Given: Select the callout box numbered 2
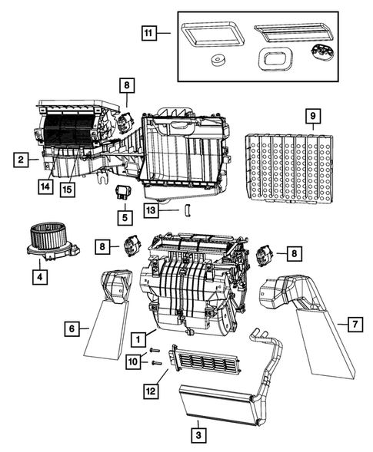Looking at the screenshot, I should [22, 160].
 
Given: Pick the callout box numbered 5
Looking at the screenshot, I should [125, 218].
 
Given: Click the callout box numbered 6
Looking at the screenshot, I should [71, 328].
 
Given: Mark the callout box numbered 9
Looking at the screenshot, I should [311, 117].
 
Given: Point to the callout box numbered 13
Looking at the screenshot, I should [152, 210].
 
